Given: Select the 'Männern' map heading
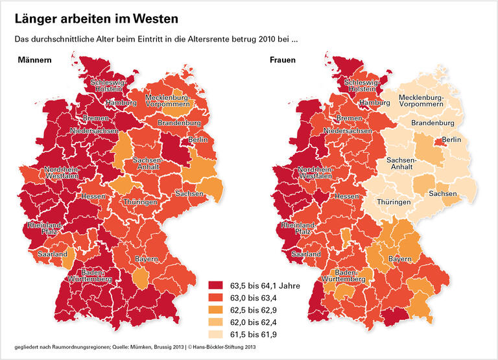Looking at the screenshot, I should [x=36, y=60].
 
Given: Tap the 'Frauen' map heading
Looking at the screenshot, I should [x=284, y=60].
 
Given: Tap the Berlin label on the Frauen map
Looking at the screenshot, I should [x=451, y=140].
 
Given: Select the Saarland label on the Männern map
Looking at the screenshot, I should [x=52, y=255].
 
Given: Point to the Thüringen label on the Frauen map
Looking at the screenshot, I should [x=393, y=202].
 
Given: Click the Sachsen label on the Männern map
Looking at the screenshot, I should [x=188, y=193].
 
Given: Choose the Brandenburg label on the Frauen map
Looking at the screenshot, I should [x=433, y=123].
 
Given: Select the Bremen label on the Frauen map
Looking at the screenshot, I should [x=350, y=119].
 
